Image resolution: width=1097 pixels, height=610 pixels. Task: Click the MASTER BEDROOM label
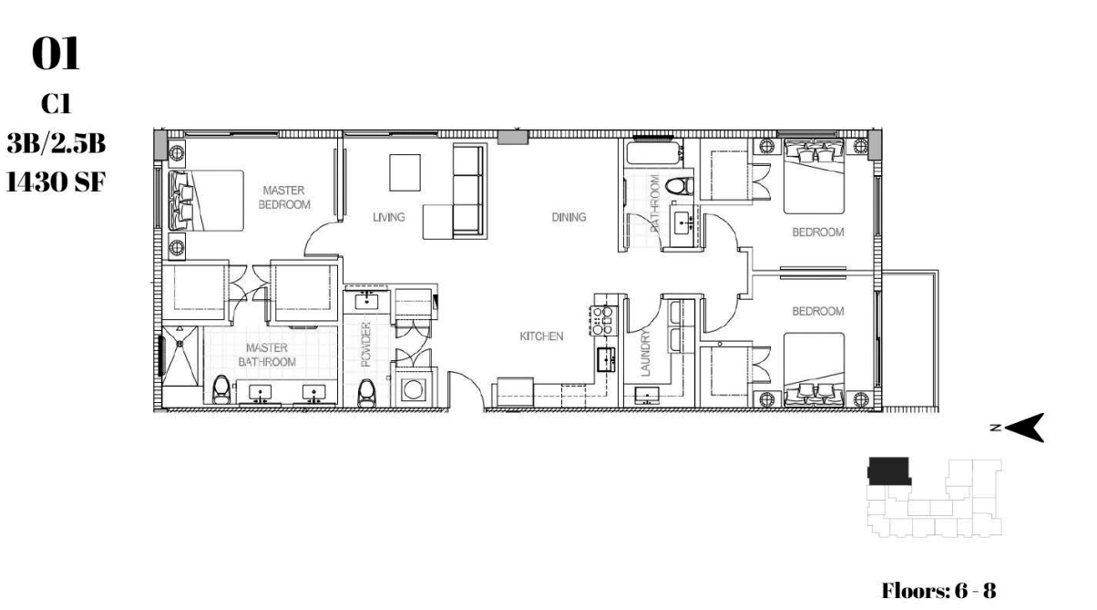click(284, 198)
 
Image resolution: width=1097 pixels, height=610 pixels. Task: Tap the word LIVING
click(389, 217)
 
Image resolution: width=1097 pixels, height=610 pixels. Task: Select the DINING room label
click(569, 217)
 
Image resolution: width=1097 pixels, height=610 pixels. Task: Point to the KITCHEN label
click(541, 336)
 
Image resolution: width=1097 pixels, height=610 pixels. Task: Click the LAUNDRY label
click(645, 353)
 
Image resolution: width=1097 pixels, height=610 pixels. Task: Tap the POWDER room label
click(366, 345)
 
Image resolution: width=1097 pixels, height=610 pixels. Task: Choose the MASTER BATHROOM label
click(267, 355)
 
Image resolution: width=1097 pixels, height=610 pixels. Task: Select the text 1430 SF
click(56, 181)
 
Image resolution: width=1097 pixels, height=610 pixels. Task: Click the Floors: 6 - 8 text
click(938, 591)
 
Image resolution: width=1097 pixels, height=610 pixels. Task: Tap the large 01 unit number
click(56, 55)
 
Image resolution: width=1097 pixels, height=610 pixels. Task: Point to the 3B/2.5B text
click(56, 143)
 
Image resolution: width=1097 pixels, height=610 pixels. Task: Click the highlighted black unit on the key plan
click(889, 470)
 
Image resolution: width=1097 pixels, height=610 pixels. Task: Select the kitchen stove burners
click(603, 320)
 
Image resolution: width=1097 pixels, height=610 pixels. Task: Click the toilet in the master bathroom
click(221, 389)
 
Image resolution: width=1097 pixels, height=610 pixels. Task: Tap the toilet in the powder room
click(366, 393)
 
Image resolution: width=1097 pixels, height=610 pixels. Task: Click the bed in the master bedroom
click(207, 201)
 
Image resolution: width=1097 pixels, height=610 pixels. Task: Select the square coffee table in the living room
click(405, 172)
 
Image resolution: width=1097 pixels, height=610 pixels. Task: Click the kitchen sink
click(606, 361)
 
